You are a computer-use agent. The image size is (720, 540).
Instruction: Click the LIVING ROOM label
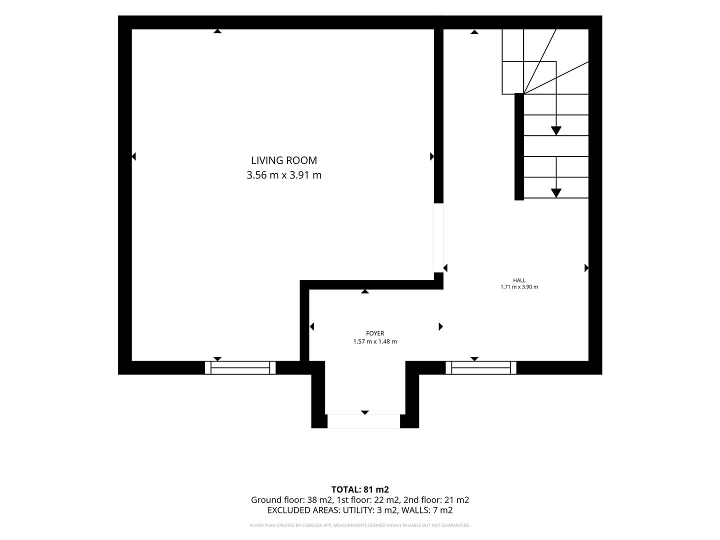[x=284, y=160]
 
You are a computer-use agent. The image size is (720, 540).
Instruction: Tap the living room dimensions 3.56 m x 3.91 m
[x=284, y=175]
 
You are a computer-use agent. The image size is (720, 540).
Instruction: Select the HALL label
[x=519, y=280]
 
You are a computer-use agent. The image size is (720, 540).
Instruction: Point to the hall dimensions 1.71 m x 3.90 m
[x=519, y=287]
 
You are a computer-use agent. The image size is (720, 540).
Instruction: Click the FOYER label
[x=375, y=333]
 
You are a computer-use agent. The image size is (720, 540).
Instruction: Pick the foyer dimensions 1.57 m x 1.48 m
[x=375, y=341]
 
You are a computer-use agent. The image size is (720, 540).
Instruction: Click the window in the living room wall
[x=240, y=367]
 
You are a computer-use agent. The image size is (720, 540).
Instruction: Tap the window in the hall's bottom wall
[x=481, y=367]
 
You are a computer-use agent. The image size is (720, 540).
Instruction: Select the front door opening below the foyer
[x=364, y=421]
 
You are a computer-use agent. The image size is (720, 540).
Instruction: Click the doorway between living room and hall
[x=438, y=237]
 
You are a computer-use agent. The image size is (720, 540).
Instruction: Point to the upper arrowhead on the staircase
[x=556, y=131]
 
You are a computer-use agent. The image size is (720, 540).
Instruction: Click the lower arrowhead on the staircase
[x=556, y=193]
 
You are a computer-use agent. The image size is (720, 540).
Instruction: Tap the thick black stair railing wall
[x=519, y=146]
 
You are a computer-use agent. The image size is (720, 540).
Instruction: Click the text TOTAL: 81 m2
[x=360, y=489]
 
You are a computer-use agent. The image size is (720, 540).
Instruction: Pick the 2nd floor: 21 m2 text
[x=436, y=500]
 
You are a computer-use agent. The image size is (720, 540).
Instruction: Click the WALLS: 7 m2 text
[x=427, y=510]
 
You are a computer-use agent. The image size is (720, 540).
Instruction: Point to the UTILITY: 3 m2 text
[x=369, y=510]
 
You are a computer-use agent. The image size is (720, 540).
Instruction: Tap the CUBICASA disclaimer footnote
[x=360, y=525]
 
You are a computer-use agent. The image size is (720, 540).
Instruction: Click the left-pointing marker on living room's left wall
[x=134, y=156]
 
